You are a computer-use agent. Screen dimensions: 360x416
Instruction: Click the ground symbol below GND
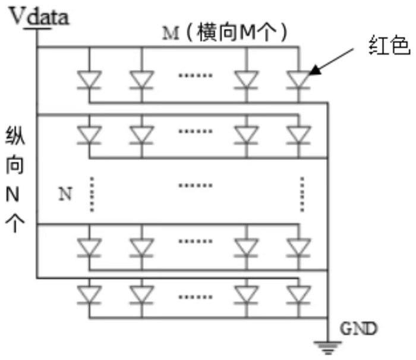click(x=327, y=345)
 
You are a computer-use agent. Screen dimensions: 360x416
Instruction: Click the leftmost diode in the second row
click(x=89, y=135)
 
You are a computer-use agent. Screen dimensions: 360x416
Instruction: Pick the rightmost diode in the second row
click(x=297, y=135)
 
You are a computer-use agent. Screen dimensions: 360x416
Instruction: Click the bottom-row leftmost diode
click(x=89, y=294)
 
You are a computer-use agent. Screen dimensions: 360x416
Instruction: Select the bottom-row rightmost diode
click(x=297, y=294)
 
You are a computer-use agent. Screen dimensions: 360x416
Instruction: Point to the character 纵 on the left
click(x=14, y=135)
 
